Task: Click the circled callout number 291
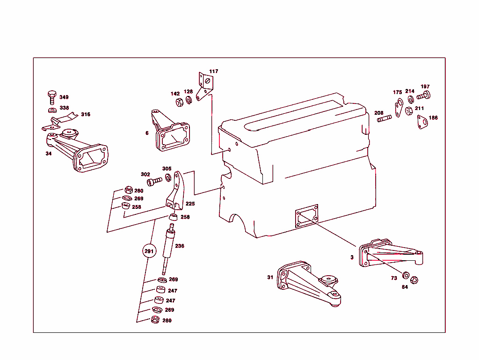pyautogui.click(x=149, y=251)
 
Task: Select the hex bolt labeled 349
pyautogui.click(x=52, y=97)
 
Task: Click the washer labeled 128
pyautogui.click(x=189, y=101)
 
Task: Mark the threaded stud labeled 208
pyautogui.click(x=384, y=119)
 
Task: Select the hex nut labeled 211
pyautogui.click(x=408, y=111)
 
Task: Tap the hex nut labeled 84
pyautogui.click(x=414, y=280)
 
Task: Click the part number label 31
pyautogui.click(x=270, y=277)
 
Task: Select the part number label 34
pyautogui.click(x=49, y=153)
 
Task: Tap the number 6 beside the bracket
pyautogui.click(x=147, y=133)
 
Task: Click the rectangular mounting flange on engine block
pyautogui.click(x=306, y=216)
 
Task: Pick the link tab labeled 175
pyautogui.click(x=399, y=108)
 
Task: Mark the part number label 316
pyautogui.click(x=86, y=114)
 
